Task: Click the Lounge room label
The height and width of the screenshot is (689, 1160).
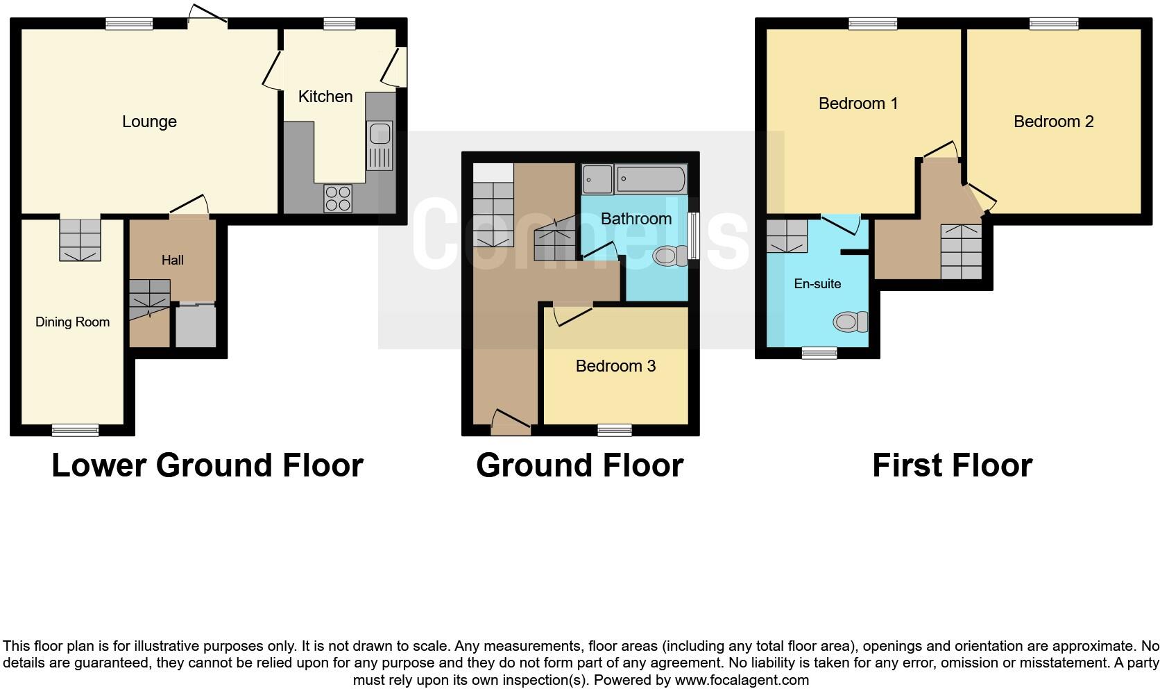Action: click(149, 122)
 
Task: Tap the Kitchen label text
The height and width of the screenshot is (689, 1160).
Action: click(325, 97)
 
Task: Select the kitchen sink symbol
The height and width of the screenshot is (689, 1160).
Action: click(379, 145)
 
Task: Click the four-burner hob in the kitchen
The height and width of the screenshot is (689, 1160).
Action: click(338, 198)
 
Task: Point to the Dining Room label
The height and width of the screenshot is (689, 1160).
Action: click(72, 322)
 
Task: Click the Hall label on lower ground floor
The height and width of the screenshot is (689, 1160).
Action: click(172, 260)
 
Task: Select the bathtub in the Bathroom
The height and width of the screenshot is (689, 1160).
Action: click(650, 180)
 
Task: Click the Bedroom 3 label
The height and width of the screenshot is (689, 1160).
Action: click(615, 366)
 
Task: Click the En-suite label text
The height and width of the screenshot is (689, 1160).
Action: click(817, 284)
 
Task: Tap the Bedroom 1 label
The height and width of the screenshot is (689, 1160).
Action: click(858, 103)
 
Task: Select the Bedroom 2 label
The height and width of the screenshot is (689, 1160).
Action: click(1053, 122)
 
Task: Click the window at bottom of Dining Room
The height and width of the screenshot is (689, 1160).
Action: click(75, 431)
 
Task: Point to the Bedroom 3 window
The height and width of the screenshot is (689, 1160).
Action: click(615, 431)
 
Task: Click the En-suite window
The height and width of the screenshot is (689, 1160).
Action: click(819, 354)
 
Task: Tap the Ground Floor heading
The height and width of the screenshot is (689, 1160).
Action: click(579, 465)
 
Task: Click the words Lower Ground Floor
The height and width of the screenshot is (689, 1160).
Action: click(207, 465)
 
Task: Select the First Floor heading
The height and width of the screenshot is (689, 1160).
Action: click(952, 465)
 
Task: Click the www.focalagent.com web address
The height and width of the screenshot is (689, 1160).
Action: click(742, 680)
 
